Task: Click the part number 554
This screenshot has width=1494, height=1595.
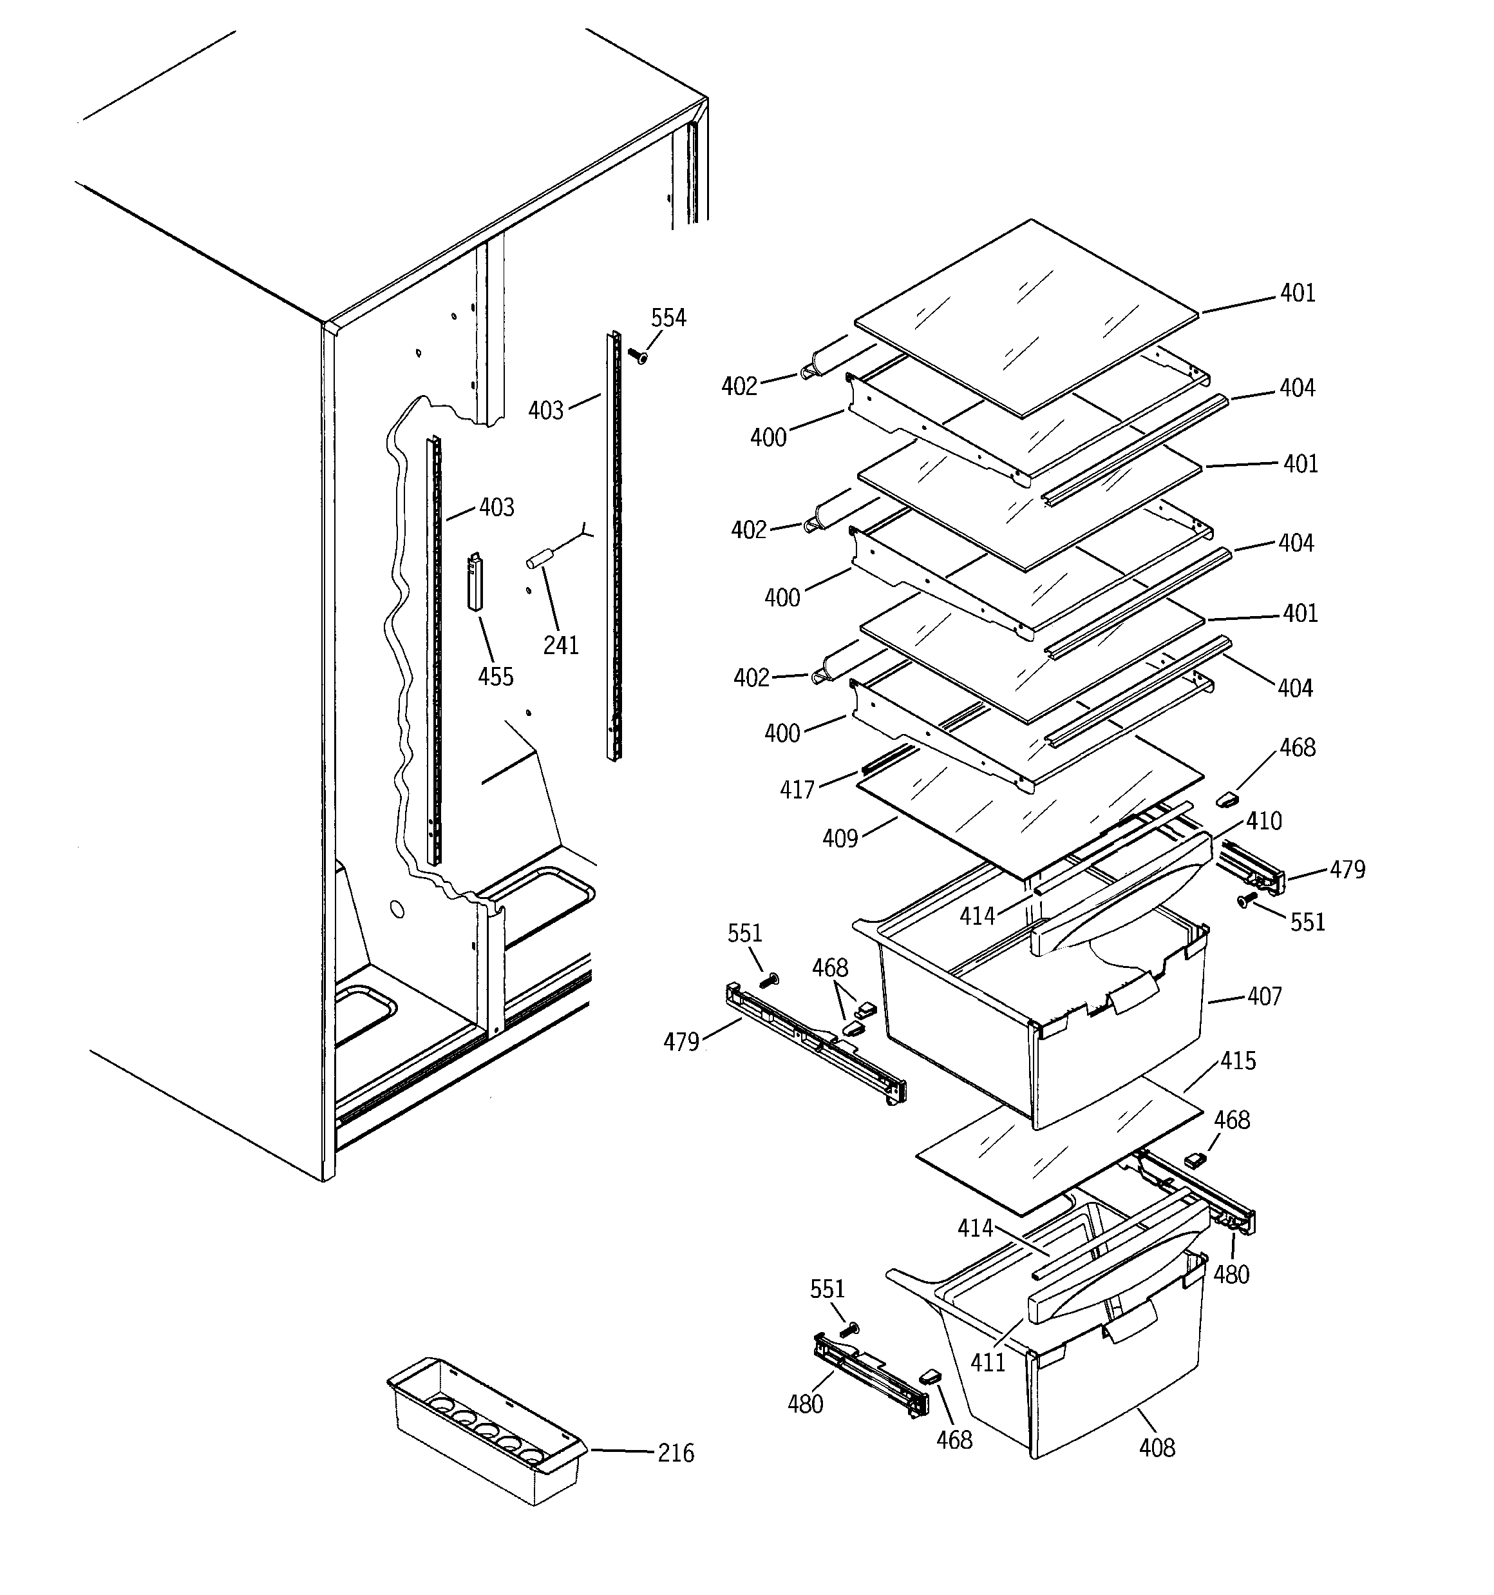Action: [x=668, y=318]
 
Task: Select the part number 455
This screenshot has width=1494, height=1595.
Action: [x=496, y=677]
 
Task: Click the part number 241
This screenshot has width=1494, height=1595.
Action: [x=560, y=645]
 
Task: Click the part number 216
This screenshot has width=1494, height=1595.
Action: [x=676, y=1453]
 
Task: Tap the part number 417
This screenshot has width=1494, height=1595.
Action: [x=797, y=790]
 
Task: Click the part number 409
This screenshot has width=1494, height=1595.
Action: [x=840, y=839]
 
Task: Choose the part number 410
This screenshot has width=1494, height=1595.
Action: [x=1264, y=821]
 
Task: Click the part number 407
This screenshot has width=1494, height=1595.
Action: [x=1265, y=996]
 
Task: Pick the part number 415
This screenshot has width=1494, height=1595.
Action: [x=1238, y=1061]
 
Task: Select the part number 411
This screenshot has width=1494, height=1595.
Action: [x=987, y=1362]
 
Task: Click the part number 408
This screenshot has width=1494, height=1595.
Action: [x=1157, y=1448]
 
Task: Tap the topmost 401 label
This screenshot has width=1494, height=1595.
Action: [x=1298, y=294]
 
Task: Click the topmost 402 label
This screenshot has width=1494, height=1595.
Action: [x=739, y=387]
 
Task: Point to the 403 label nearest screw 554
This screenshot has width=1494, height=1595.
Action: [x=545, y=411]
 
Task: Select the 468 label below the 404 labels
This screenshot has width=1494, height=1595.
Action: [x=1298, y=748]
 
